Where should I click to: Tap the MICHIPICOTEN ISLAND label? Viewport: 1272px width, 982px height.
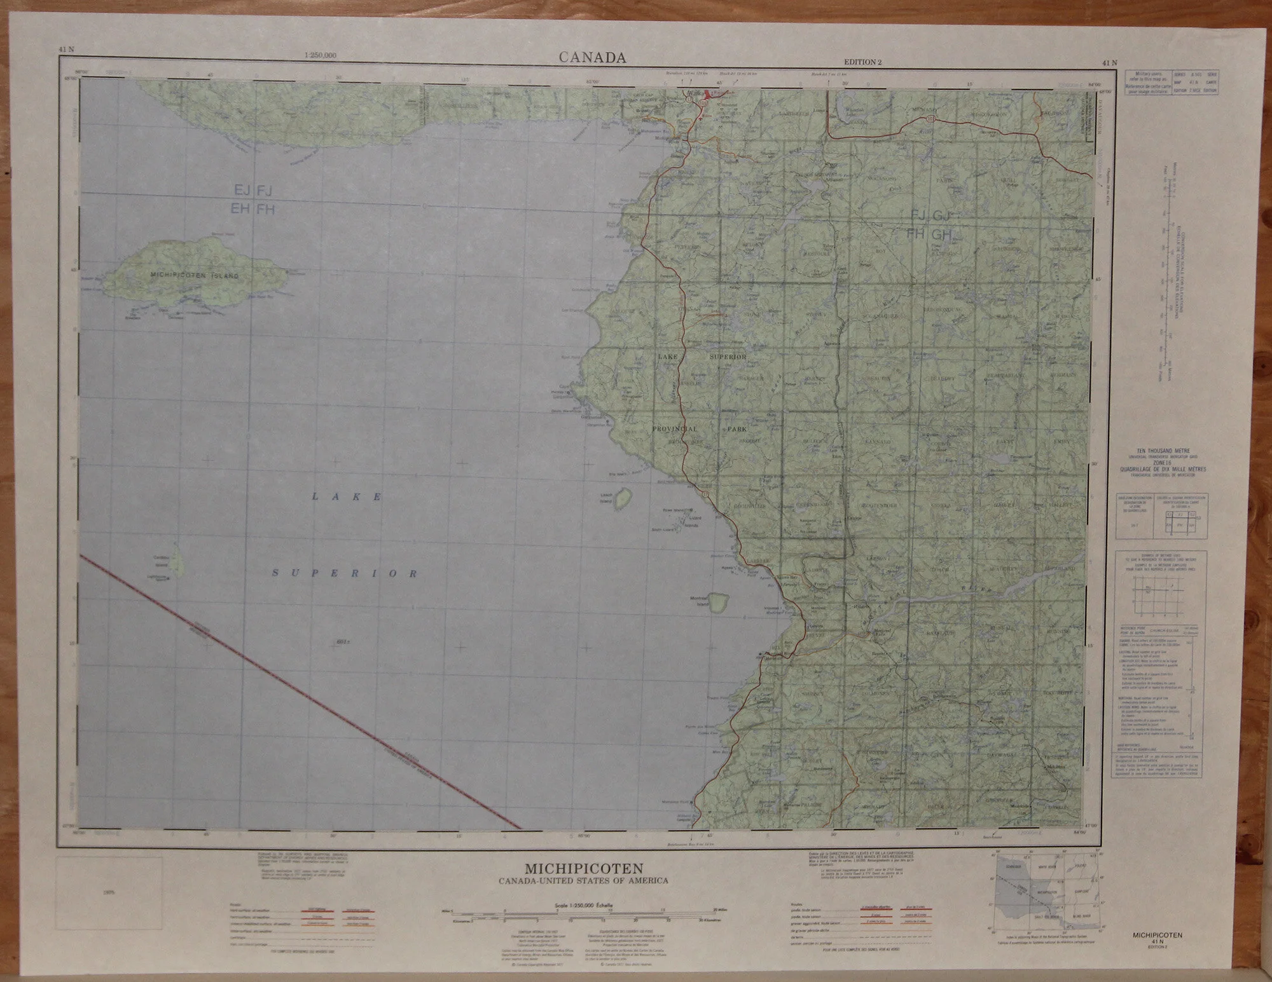[x=195, y=276]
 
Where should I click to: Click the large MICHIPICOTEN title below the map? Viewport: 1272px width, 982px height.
[x=584, y=868]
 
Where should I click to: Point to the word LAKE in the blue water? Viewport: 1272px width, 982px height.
[x=347, y=496]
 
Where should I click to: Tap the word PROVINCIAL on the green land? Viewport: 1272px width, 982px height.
[x=675, y=430]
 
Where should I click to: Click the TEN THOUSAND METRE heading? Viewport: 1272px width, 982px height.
[x=1162, y=450]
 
